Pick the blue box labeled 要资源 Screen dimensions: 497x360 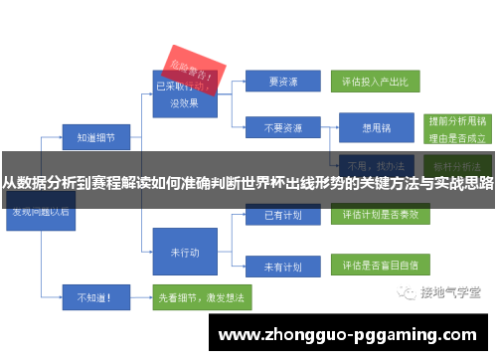[x=282, y=82]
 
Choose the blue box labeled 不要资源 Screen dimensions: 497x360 [x=282, y=127]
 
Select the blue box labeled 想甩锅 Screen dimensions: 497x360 [x=376, y=127]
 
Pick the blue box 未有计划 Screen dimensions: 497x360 [x=282, y=266]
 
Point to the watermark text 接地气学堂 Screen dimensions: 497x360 [x=450, y=292]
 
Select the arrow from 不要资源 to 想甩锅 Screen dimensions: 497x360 [x=327, y=127]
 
